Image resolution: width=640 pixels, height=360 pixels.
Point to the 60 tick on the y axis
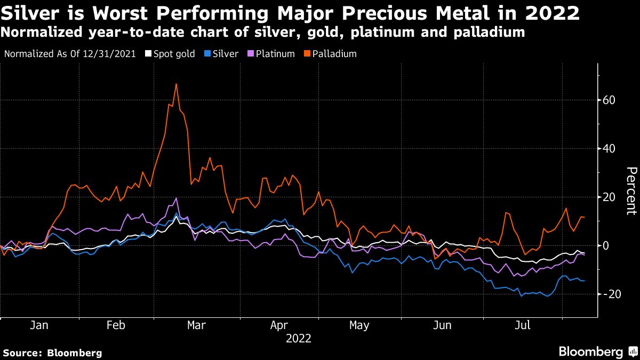[610, 100]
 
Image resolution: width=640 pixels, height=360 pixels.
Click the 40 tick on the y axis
[610, 149]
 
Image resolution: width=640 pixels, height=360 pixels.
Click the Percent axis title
[630, 190]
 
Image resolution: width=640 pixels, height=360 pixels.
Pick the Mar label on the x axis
[196, 325]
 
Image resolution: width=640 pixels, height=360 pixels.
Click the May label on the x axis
[359, 325]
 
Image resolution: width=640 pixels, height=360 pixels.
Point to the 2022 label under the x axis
[298, 339]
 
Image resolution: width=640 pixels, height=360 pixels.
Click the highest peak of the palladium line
[176, 84]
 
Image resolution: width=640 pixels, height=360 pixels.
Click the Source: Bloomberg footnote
[52, 353]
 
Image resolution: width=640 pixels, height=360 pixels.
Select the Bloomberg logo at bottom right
[597, 351]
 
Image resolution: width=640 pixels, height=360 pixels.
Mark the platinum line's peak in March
[176, 198]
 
